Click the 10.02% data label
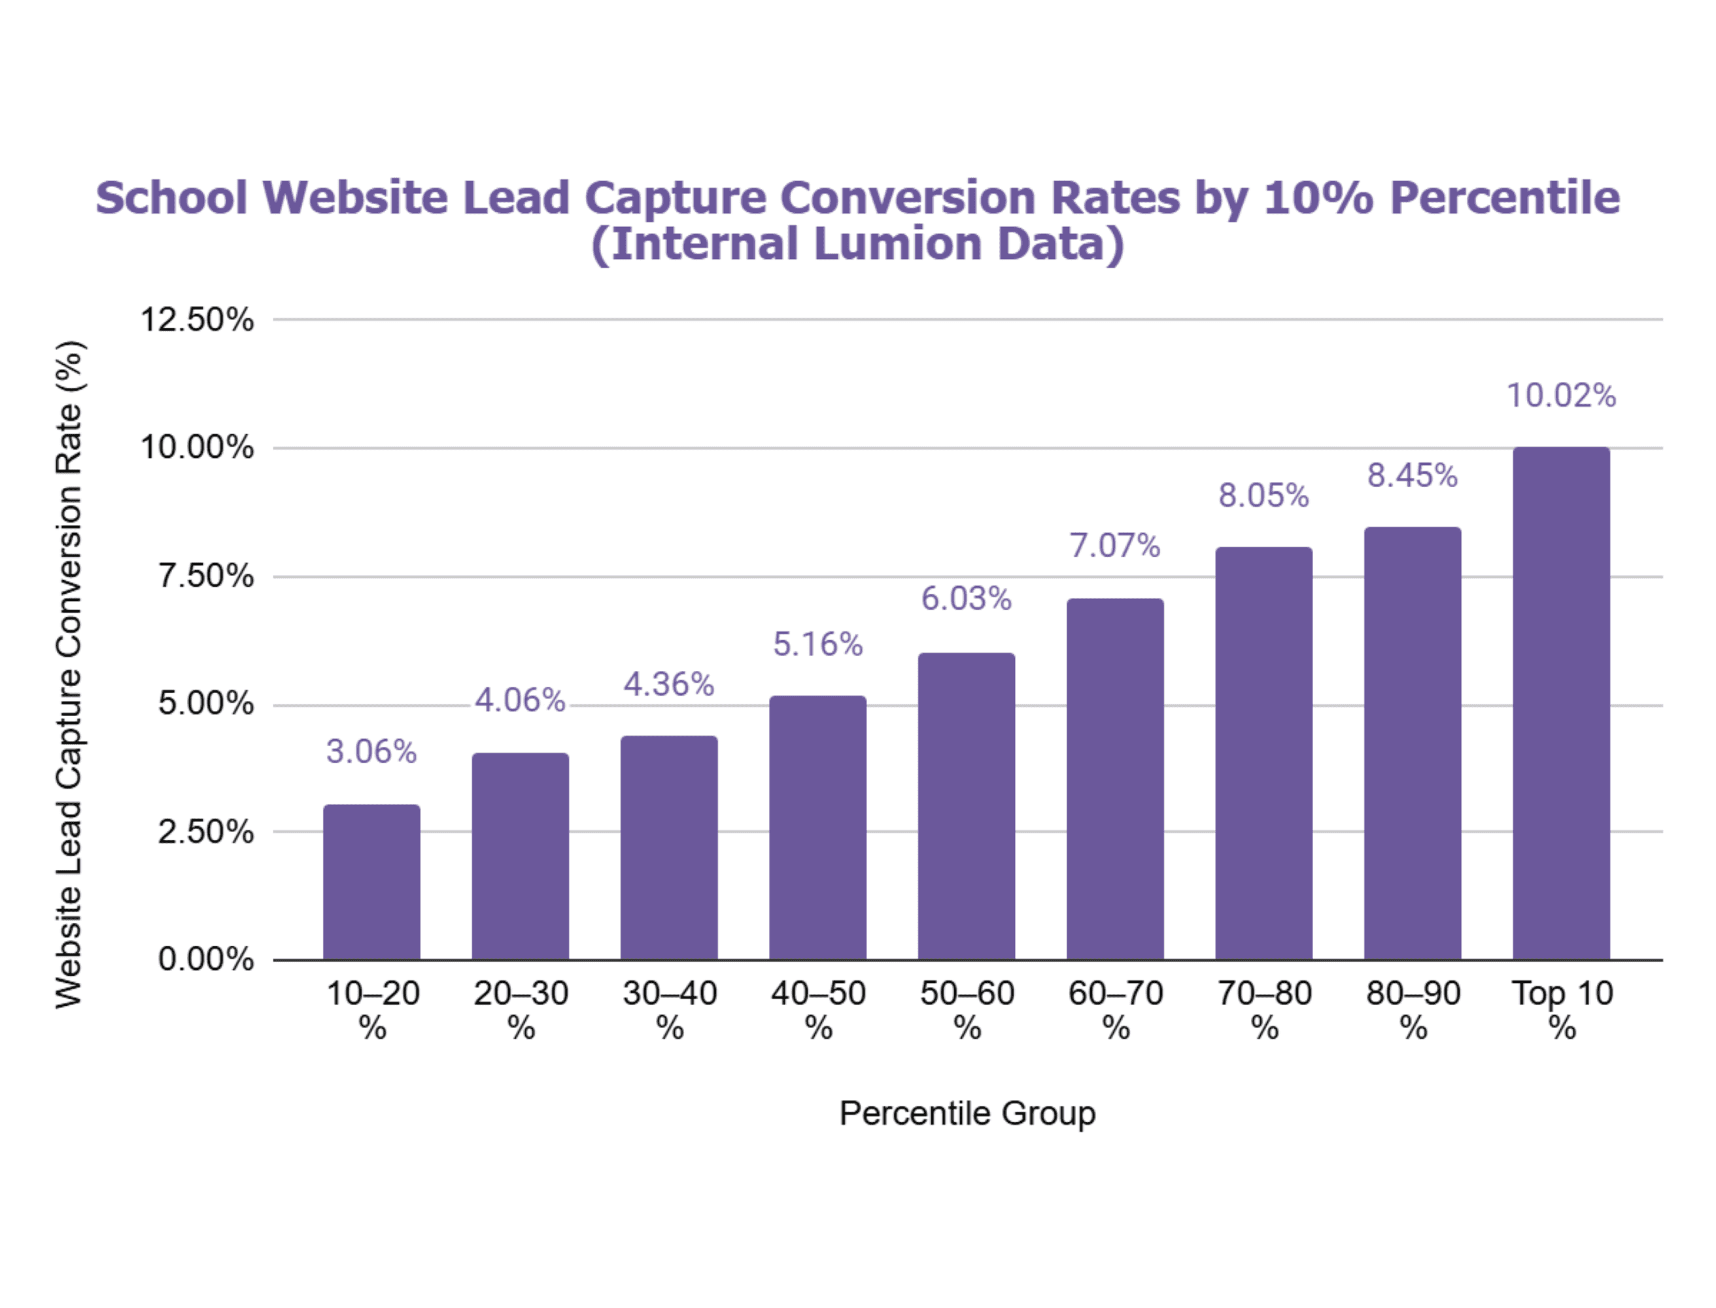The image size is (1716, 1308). (1561, 396)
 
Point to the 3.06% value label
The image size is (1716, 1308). (371, 752)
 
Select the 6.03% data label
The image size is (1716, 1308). (966, 598)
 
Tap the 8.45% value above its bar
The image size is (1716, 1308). (1413, 475)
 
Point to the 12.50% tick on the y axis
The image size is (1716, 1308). (197, 320)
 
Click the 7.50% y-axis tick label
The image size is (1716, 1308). (205, 577)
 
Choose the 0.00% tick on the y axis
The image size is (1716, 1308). (205, 959)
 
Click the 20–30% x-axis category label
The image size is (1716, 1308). (521, 1010)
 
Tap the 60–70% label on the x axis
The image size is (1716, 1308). (1116, 1010)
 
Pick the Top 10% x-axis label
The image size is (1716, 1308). (1562, 1010)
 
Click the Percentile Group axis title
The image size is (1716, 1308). (967, 1113)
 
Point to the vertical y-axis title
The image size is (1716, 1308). (69, 674)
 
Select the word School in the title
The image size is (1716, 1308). (171, 197)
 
